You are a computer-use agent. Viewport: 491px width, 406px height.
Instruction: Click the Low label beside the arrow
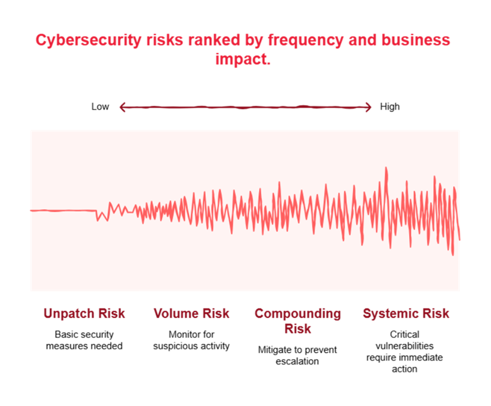[x=100, y=107]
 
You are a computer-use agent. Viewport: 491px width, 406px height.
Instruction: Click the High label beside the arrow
[x=389, y=107]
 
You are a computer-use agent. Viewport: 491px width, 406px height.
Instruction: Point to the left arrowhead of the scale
[x=122, y=107]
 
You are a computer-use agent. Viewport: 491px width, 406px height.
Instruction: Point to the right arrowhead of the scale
[x=369, y=107]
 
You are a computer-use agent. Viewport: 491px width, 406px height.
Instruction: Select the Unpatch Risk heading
[x=84, y=313]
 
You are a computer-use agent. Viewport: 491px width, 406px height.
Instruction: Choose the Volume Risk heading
[x=191, y=313]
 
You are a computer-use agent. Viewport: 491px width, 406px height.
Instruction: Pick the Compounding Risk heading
[x=297, y=320]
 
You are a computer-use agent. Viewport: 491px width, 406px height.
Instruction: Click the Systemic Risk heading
[x=406, y=313]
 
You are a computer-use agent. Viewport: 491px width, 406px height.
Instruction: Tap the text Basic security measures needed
[x=84, y=340]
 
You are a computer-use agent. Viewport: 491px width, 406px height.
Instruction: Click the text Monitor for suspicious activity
[x=191, y=340]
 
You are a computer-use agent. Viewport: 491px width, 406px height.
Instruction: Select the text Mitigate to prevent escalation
[x=297, y=355]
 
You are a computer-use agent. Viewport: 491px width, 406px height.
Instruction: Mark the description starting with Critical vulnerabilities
[x=404, y=351]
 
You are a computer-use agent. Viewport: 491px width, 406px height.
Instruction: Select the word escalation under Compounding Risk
[x=297, y=361]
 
